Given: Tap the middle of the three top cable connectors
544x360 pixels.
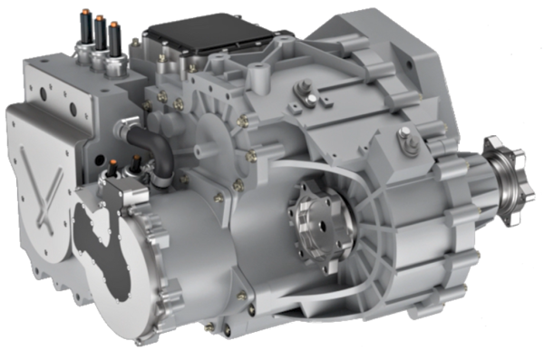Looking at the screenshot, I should click(x=99, y=33).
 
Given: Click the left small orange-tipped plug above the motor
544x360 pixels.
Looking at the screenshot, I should click(x=113, y=169).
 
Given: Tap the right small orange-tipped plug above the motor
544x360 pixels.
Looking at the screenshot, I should click(x=136, y=164).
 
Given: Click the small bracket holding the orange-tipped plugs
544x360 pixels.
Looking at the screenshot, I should click(x=118, y=186).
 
